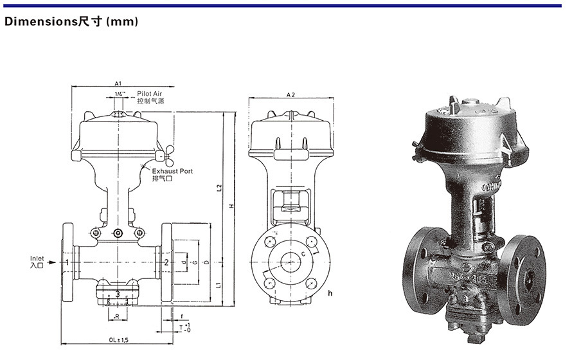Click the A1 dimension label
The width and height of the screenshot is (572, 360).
[x=118, y=84]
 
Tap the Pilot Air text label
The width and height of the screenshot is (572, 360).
[x=150, y=94]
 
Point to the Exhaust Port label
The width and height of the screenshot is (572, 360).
[x=172, y=171]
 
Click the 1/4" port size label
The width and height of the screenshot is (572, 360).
[x=119, y=94]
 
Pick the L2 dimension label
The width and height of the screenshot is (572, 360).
[x=219, y=188]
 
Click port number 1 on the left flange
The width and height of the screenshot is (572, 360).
[x=67, y=262]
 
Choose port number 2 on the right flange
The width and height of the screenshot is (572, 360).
[x=166, y=262]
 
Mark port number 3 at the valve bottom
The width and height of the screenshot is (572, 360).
[x=118, y=294]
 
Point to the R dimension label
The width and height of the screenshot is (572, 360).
[x=117, y=317]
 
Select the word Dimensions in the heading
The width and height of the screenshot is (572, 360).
[x=40, y=22]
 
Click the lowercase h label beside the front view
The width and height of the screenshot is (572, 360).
[x=329, y=293]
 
